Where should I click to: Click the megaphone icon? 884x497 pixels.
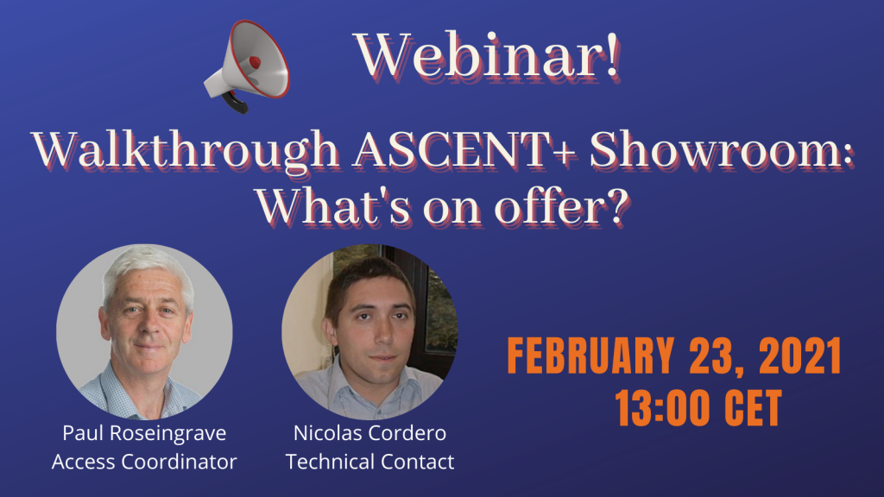247,66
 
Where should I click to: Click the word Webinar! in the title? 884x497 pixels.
487,56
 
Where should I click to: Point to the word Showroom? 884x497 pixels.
722,150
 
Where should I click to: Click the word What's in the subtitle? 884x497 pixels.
333,207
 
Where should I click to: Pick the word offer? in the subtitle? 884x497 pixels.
561,207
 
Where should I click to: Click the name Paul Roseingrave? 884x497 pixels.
144,433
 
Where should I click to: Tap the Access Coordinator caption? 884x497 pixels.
144,462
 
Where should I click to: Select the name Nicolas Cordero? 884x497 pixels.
369,433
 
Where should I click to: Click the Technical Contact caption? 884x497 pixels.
369,462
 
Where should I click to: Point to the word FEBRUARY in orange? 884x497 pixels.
590,355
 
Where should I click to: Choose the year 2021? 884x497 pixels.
800,355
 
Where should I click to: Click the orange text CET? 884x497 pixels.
753,407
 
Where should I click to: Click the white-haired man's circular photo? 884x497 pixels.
144,332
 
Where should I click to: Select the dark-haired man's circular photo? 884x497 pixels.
369,332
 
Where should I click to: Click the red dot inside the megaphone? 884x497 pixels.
255,62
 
